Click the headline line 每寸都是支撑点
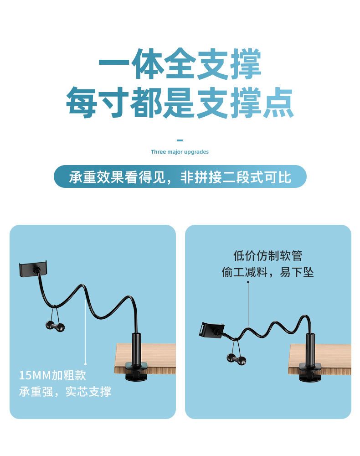click(180, 103)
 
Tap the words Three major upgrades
click(180, 152)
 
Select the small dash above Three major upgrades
click(180, 140)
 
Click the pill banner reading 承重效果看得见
click(180, 176)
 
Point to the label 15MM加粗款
click(52, 375)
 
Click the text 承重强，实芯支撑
click(65, 392)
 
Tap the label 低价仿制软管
click(267, 256)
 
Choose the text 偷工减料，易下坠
click(267, 273)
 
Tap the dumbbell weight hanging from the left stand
click(55, 326)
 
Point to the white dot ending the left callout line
click(85, 363)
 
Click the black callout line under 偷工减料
click(248, 303)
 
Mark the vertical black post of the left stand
click(137, 348)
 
